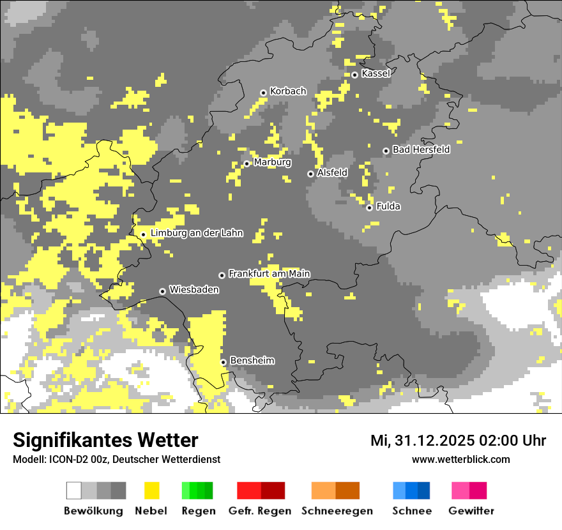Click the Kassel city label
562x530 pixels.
pyautogui.click(x=376, y=73)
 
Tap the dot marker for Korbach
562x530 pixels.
pyautogui.click(x=263, y=93)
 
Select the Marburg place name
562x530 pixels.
pyautogui.click(x=272, y=162)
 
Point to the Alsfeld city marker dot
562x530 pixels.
pyautogui.click(x=310, y=174)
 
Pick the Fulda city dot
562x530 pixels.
pyautogui.click(x=369, y=208)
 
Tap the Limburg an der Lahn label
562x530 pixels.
pyautogui.click(x=197, y=233)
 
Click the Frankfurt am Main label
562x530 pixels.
pyautogui.click(x=269, y=274)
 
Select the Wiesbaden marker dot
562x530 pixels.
pyautogui.click(x=163, y=291)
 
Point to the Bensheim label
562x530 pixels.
pyautogui.click(x=252, y=361)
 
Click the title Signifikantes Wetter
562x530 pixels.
pyautogui.click(x=105, y=441)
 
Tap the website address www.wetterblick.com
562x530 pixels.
pyautogui.click(x=460, y=460)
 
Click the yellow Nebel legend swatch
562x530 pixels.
pyautogui.click(x=151, y=490)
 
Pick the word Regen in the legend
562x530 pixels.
pyautogui.click(x=197, y=511)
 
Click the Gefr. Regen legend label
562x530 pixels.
pyautogui.click(x=260, y=511)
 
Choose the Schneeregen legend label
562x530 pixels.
pyautogui.click(x=337, y=511)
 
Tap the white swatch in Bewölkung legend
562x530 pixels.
pyautogui.click(x=74, y=490)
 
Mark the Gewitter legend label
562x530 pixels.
pyautogui.click(x=471, y=511)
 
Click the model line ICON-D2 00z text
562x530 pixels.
pyautogui.click(x=116, y=460)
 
